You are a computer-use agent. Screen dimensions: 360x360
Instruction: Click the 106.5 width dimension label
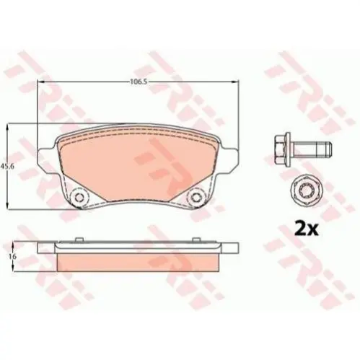click(x=139, y=82)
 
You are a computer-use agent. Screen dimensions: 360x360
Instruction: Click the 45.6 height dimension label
click(x=6, y=166)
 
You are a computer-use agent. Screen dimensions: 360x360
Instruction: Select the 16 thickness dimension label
click(x=13, y=257)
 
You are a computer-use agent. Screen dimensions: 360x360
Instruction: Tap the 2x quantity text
click(x=306, y=229)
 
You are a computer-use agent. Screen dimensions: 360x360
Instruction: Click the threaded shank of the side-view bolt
click(x=312, y=149)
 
